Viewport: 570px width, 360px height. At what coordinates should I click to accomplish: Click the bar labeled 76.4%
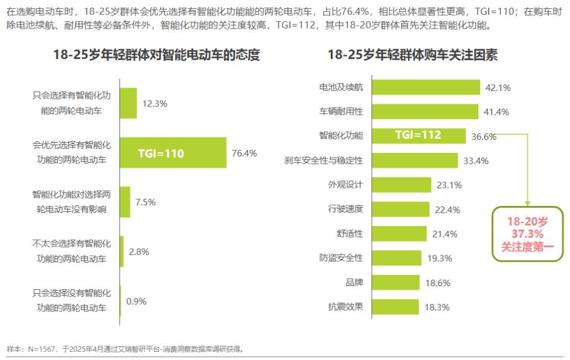click(x=173, y=153)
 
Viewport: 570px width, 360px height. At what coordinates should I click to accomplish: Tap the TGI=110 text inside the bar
click(x=161, y=154)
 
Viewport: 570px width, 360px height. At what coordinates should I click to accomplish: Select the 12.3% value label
click(x=155, y=103)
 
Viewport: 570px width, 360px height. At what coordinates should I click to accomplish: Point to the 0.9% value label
click(x=136, y=301)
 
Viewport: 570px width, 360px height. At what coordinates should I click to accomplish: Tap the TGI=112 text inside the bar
click(x=418, y=135)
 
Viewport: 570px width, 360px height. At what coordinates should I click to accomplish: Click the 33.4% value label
click(x=475, y=160)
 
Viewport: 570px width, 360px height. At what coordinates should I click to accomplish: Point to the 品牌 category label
click(x=354, y=283)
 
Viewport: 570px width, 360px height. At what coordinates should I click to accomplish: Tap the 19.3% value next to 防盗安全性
click(x=440, y=258)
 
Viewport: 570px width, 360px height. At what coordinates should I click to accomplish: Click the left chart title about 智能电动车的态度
click(x=156, y=55)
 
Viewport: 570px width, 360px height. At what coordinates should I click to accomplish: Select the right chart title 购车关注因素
click(x=412, y=55)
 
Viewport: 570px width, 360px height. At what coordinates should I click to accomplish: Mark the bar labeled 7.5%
click(x=125, y=202)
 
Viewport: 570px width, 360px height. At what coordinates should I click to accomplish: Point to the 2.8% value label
click(x=139, y=252)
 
